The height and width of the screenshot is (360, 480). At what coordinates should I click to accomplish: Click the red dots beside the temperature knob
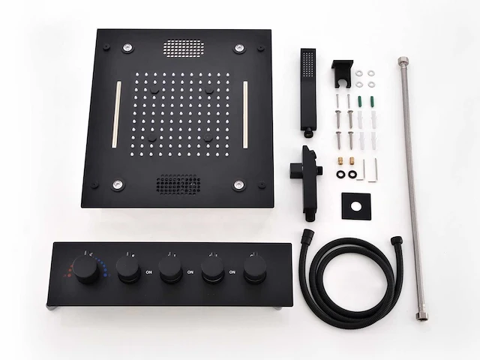tap(72, 268)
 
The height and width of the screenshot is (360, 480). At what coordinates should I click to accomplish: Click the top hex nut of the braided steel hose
tap(403, 59)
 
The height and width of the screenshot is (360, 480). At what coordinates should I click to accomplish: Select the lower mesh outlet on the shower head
tap(177, 184)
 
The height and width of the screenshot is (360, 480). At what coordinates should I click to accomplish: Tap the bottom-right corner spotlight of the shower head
tap(238, 184)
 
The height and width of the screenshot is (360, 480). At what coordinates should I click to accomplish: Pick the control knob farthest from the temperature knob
tap(254, 271)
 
